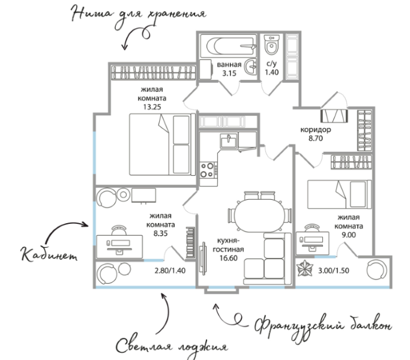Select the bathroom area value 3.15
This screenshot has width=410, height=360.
pos(229,73)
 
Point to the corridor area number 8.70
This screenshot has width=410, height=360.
pos(316,139)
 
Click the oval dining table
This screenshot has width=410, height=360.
pos(259,215)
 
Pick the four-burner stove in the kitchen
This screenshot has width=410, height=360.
pos(209,170)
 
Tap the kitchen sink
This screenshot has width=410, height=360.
pos(229,141)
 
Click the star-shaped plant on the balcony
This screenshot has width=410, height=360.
pos(304,268)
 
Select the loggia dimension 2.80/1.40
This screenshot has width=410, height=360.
pos(170,271)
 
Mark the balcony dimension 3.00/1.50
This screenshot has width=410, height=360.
pos(333,271)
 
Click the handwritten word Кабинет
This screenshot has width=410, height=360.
pos(49,254)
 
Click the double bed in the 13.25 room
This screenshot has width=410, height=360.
pos(162,145)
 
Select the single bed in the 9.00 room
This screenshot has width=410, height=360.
pos(339,194)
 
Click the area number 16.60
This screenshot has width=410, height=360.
pos(228,259)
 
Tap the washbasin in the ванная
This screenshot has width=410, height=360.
pos(250,67)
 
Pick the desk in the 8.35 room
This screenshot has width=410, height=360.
pos(119,246)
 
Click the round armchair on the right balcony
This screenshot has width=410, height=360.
pos(376,270)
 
